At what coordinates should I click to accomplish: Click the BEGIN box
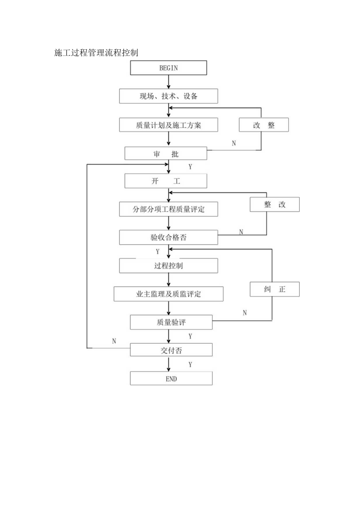pyautogui.click(x=168, y=68)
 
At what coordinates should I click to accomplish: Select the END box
pyautogui.click(x=171, y=378)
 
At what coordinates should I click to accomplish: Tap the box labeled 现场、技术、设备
pyautogui.click(x=168, y=96)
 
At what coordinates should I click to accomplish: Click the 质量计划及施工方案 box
pyautogui.click(x=168, y=125)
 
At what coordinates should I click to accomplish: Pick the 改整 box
pyautogui.click(x=264, y=125)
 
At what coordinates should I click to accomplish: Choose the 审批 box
pyautogui.click(x=166, y=153)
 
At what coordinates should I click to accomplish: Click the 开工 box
pyautogui.click(x=166, y=182)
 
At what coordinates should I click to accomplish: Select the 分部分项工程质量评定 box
pyautogui.click(x=168, y=209)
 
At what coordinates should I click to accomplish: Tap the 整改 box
pyautogui.click(x=275, y=205)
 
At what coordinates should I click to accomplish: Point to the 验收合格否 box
pyautogui.click(x=168, y=237)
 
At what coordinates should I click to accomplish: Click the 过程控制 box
pyautogui.click(x=168, y=266)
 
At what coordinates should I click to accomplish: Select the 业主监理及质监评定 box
pyautogui.click(x=168, y=294)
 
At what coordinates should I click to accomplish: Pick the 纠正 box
pyautogui.click(x=275, y=290)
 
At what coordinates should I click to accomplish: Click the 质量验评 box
pyautogui.click(x=171, y=323)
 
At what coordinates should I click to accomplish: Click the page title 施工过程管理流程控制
pyautogui.click(x=96, y=53)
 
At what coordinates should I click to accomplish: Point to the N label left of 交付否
pyautogui.click(x=114, y=341)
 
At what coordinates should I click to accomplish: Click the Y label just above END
pyautogui.click(x=191, y=365)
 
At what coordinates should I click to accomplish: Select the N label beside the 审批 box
pyautogui.click(x=234, y=143)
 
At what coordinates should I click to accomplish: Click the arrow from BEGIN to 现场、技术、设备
pyautogui.click(x=169, y=82)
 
